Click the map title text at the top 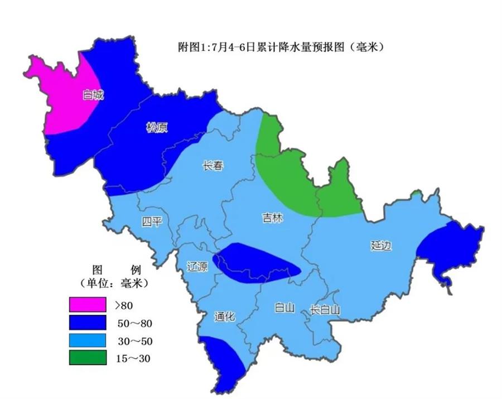tap(277, 48)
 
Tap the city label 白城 tap(93, 95)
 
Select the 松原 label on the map tap(157, 128)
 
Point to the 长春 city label tap(213, 166)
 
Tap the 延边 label tap(380, 245)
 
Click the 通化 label tap(224, 316)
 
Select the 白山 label tap(284, 308)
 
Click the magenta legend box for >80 tap(88, 305)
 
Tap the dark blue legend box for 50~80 tap(88, 323)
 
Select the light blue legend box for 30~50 tap(88, 340)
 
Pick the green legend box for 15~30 tap(88, 358)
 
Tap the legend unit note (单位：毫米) tap(113, 284)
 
